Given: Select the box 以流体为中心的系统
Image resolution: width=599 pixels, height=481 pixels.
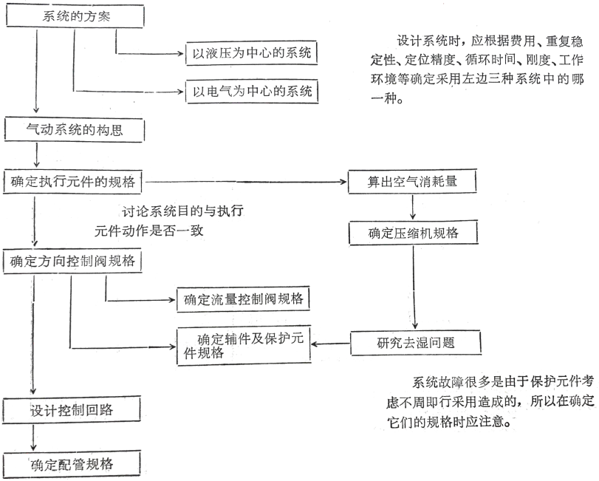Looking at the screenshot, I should pos(250,52).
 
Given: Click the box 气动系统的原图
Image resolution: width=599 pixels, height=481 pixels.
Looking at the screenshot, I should pos(75,130).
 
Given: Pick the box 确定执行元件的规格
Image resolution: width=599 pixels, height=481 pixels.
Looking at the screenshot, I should pos(73,180).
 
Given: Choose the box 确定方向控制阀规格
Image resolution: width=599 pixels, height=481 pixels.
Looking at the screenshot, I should pos(74,261).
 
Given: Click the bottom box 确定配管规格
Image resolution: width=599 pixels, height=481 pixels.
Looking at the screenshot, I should pos(71,463).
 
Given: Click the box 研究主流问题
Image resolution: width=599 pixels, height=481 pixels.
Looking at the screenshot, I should pos(417,342).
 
